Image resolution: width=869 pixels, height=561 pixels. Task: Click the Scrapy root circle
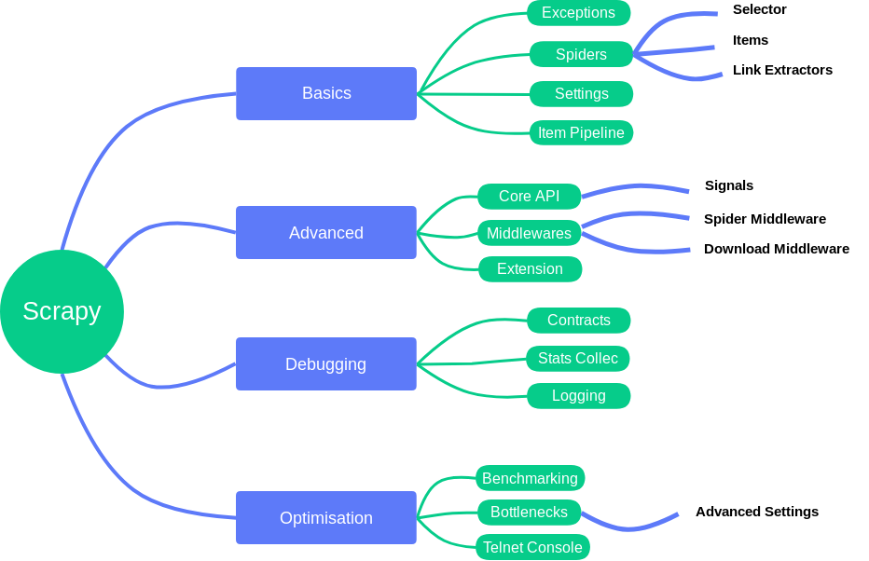pyautogui.click(x=62, y=311)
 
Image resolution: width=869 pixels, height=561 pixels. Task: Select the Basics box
pyautogui.click(x=326, y=93)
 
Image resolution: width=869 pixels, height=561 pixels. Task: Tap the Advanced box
pyautogui.click(x=326, y=232)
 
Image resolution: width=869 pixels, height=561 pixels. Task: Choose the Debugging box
pyautogui.click(x=326, y=363)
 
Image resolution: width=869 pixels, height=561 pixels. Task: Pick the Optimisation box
pyautogui.click(x=326, y=517)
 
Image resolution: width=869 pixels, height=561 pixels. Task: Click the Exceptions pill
pyautogui.click(x=578, y=13)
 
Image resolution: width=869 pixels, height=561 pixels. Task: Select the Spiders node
pyautogui.click(x=581, y=54)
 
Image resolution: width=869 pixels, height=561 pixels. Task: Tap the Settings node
pyautogui.click(x=581, y=94)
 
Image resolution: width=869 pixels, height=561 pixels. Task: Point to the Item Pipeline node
pyautogui.click(x=581, y=133)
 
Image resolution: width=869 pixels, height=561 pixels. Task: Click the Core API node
pyautogui.click(x=529, y=197)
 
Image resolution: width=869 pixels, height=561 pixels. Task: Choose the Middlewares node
pyautogui.click(x=529, y=233)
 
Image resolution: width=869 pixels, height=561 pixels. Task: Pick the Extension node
pyautogui.click(x=530, y=269)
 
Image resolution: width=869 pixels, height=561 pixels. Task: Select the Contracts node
pyautogui.click(x=578, y=321)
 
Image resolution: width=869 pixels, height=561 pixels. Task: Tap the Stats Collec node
pyautogui.click(x=577, y=359)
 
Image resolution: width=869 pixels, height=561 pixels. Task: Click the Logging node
pyautogui.click(x=578, y=396)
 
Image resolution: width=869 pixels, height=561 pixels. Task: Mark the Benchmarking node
pyautogui.click(x=530, y=478)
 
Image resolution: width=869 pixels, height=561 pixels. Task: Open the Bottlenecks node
pyautogui.click(x=529, y=513)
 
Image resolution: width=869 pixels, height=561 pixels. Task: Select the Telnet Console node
pyautogui.click(x=532, y=547)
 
